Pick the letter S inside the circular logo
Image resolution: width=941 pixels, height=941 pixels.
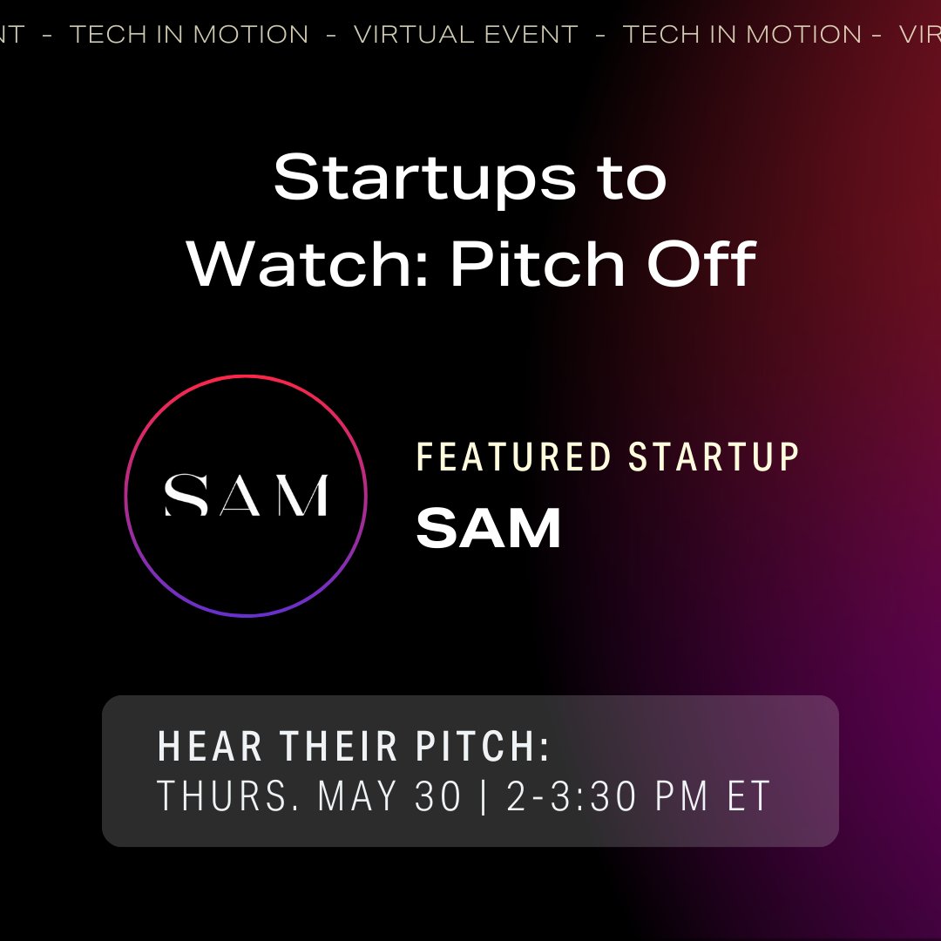(186, 495)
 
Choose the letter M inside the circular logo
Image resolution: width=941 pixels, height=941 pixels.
(300, 495)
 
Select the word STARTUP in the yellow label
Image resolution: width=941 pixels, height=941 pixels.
(713, 457)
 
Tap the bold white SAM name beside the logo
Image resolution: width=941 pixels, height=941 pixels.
(489, 528)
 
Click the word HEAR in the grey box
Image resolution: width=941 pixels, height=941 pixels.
(210, 747)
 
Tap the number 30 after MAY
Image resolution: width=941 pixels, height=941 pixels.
(438, 795)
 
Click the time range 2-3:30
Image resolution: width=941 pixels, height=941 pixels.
(571, 795)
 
